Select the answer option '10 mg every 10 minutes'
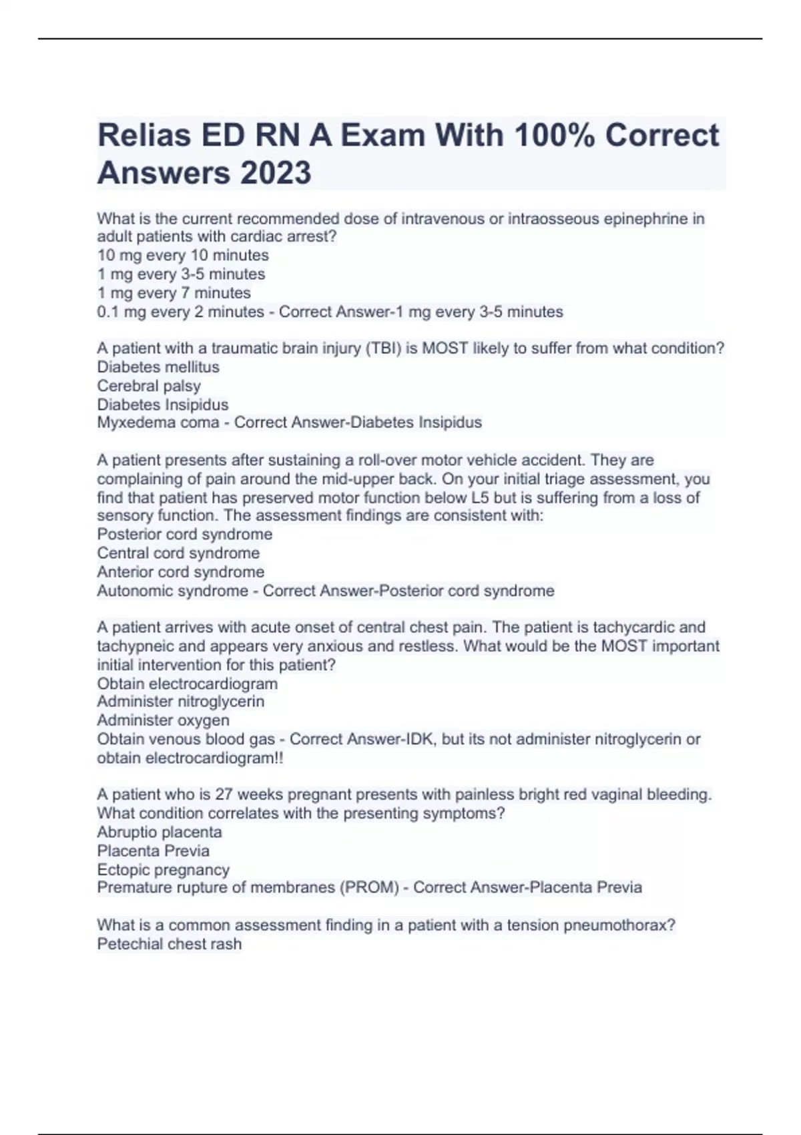click(x=183, y=255)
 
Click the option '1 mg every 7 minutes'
click(x=174, y=292)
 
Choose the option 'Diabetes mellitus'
click(x=158, y=367)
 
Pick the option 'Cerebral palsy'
click(x=149, y=386)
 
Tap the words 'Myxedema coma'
click(x=158, y=423)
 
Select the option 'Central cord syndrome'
click(x=178, y=553)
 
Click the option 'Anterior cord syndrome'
click(x=180, y=572)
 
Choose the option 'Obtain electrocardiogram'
click(x=187, y=684)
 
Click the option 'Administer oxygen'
click(x=163, y=720)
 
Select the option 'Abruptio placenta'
click(x=160, y=832)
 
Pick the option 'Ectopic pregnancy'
click(x=163, y=869)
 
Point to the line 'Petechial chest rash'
click(x=170, y=944)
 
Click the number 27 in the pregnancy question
click(x=223, y=794)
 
